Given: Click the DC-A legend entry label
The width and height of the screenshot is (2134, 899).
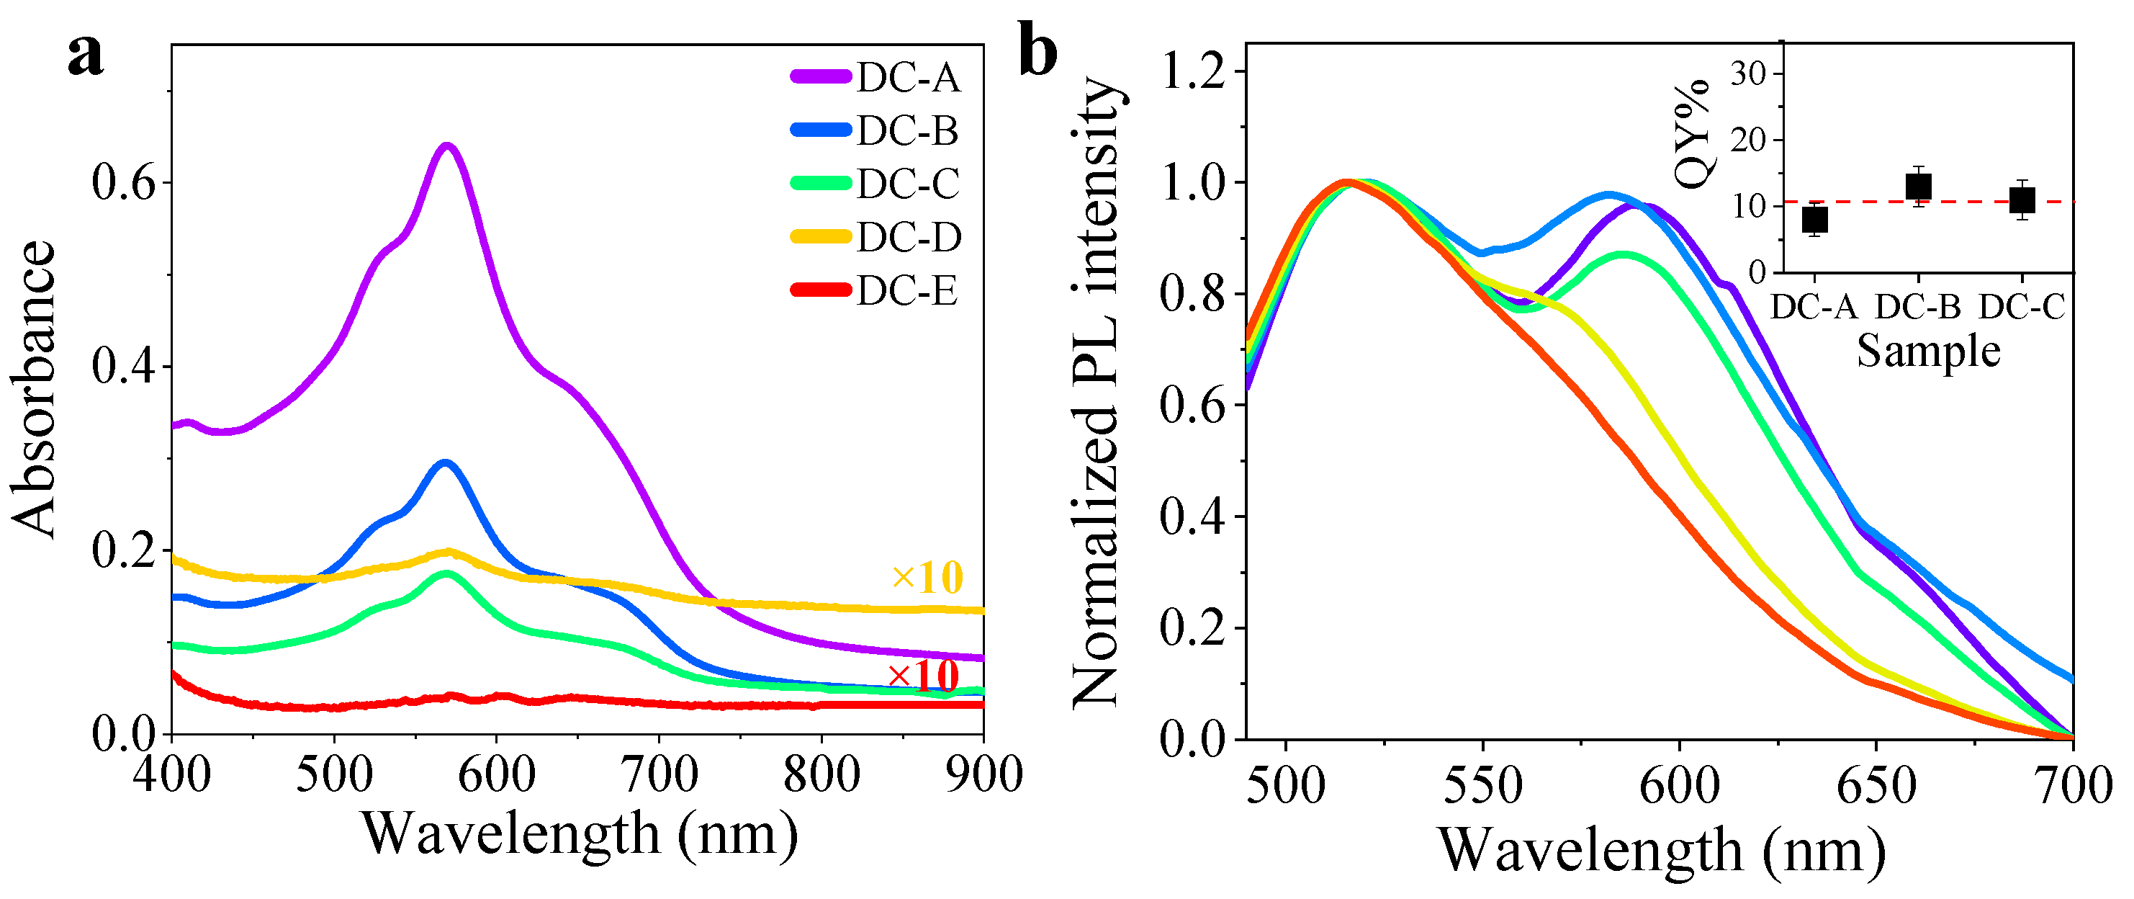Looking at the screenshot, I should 908,78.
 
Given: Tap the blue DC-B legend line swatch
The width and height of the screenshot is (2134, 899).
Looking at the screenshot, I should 820,130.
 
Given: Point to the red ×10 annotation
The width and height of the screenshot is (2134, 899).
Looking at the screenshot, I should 924,677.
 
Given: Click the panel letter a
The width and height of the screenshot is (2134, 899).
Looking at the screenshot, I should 86,55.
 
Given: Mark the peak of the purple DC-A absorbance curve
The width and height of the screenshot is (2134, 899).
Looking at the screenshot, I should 447,147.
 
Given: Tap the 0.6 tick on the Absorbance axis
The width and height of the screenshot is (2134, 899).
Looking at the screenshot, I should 125,183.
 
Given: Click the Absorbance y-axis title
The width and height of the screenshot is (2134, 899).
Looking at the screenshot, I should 35,390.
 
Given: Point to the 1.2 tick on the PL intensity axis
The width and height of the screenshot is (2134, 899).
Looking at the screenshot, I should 1193,71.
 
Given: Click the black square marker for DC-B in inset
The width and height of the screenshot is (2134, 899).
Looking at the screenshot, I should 1919,187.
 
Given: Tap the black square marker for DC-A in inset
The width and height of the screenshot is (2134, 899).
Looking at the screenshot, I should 1815,220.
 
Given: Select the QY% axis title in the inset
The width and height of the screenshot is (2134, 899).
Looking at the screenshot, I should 1692,133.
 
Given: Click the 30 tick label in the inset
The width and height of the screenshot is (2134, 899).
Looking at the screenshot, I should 1747,73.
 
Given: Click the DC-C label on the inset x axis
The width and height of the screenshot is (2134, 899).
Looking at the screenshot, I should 2022,308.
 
